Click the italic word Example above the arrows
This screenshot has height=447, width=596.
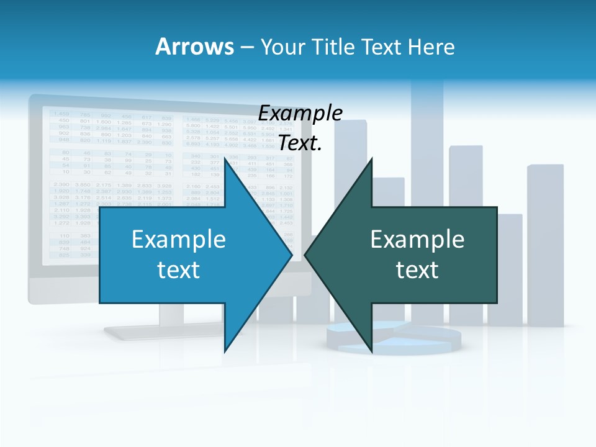pyautogui.click(x=300, y=114)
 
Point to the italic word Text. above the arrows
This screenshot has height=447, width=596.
pyautogui.click(x=300, y=143)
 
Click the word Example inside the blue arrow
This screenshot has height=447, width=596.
pyautogui.click(x=179, y=240)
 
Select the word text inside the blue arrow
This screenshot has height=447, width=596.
pyautogui.click(x=179, y=269)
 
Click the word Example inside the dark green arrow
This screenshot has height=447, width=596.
pyautogui.click(x=417, y=240)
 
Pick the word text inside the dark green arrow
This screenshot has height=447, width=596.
pyautogui.click(x=417, y=269)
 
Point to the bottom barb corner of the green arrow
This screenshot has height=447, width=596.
pyautogui.click(x=372, y=351)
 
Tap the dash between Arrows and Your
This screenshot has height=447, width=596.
pyautogui.click(x=246, y=48)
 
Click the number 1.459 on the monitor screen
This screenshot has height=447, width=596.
pyautogui.click(x=61, y=114)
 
